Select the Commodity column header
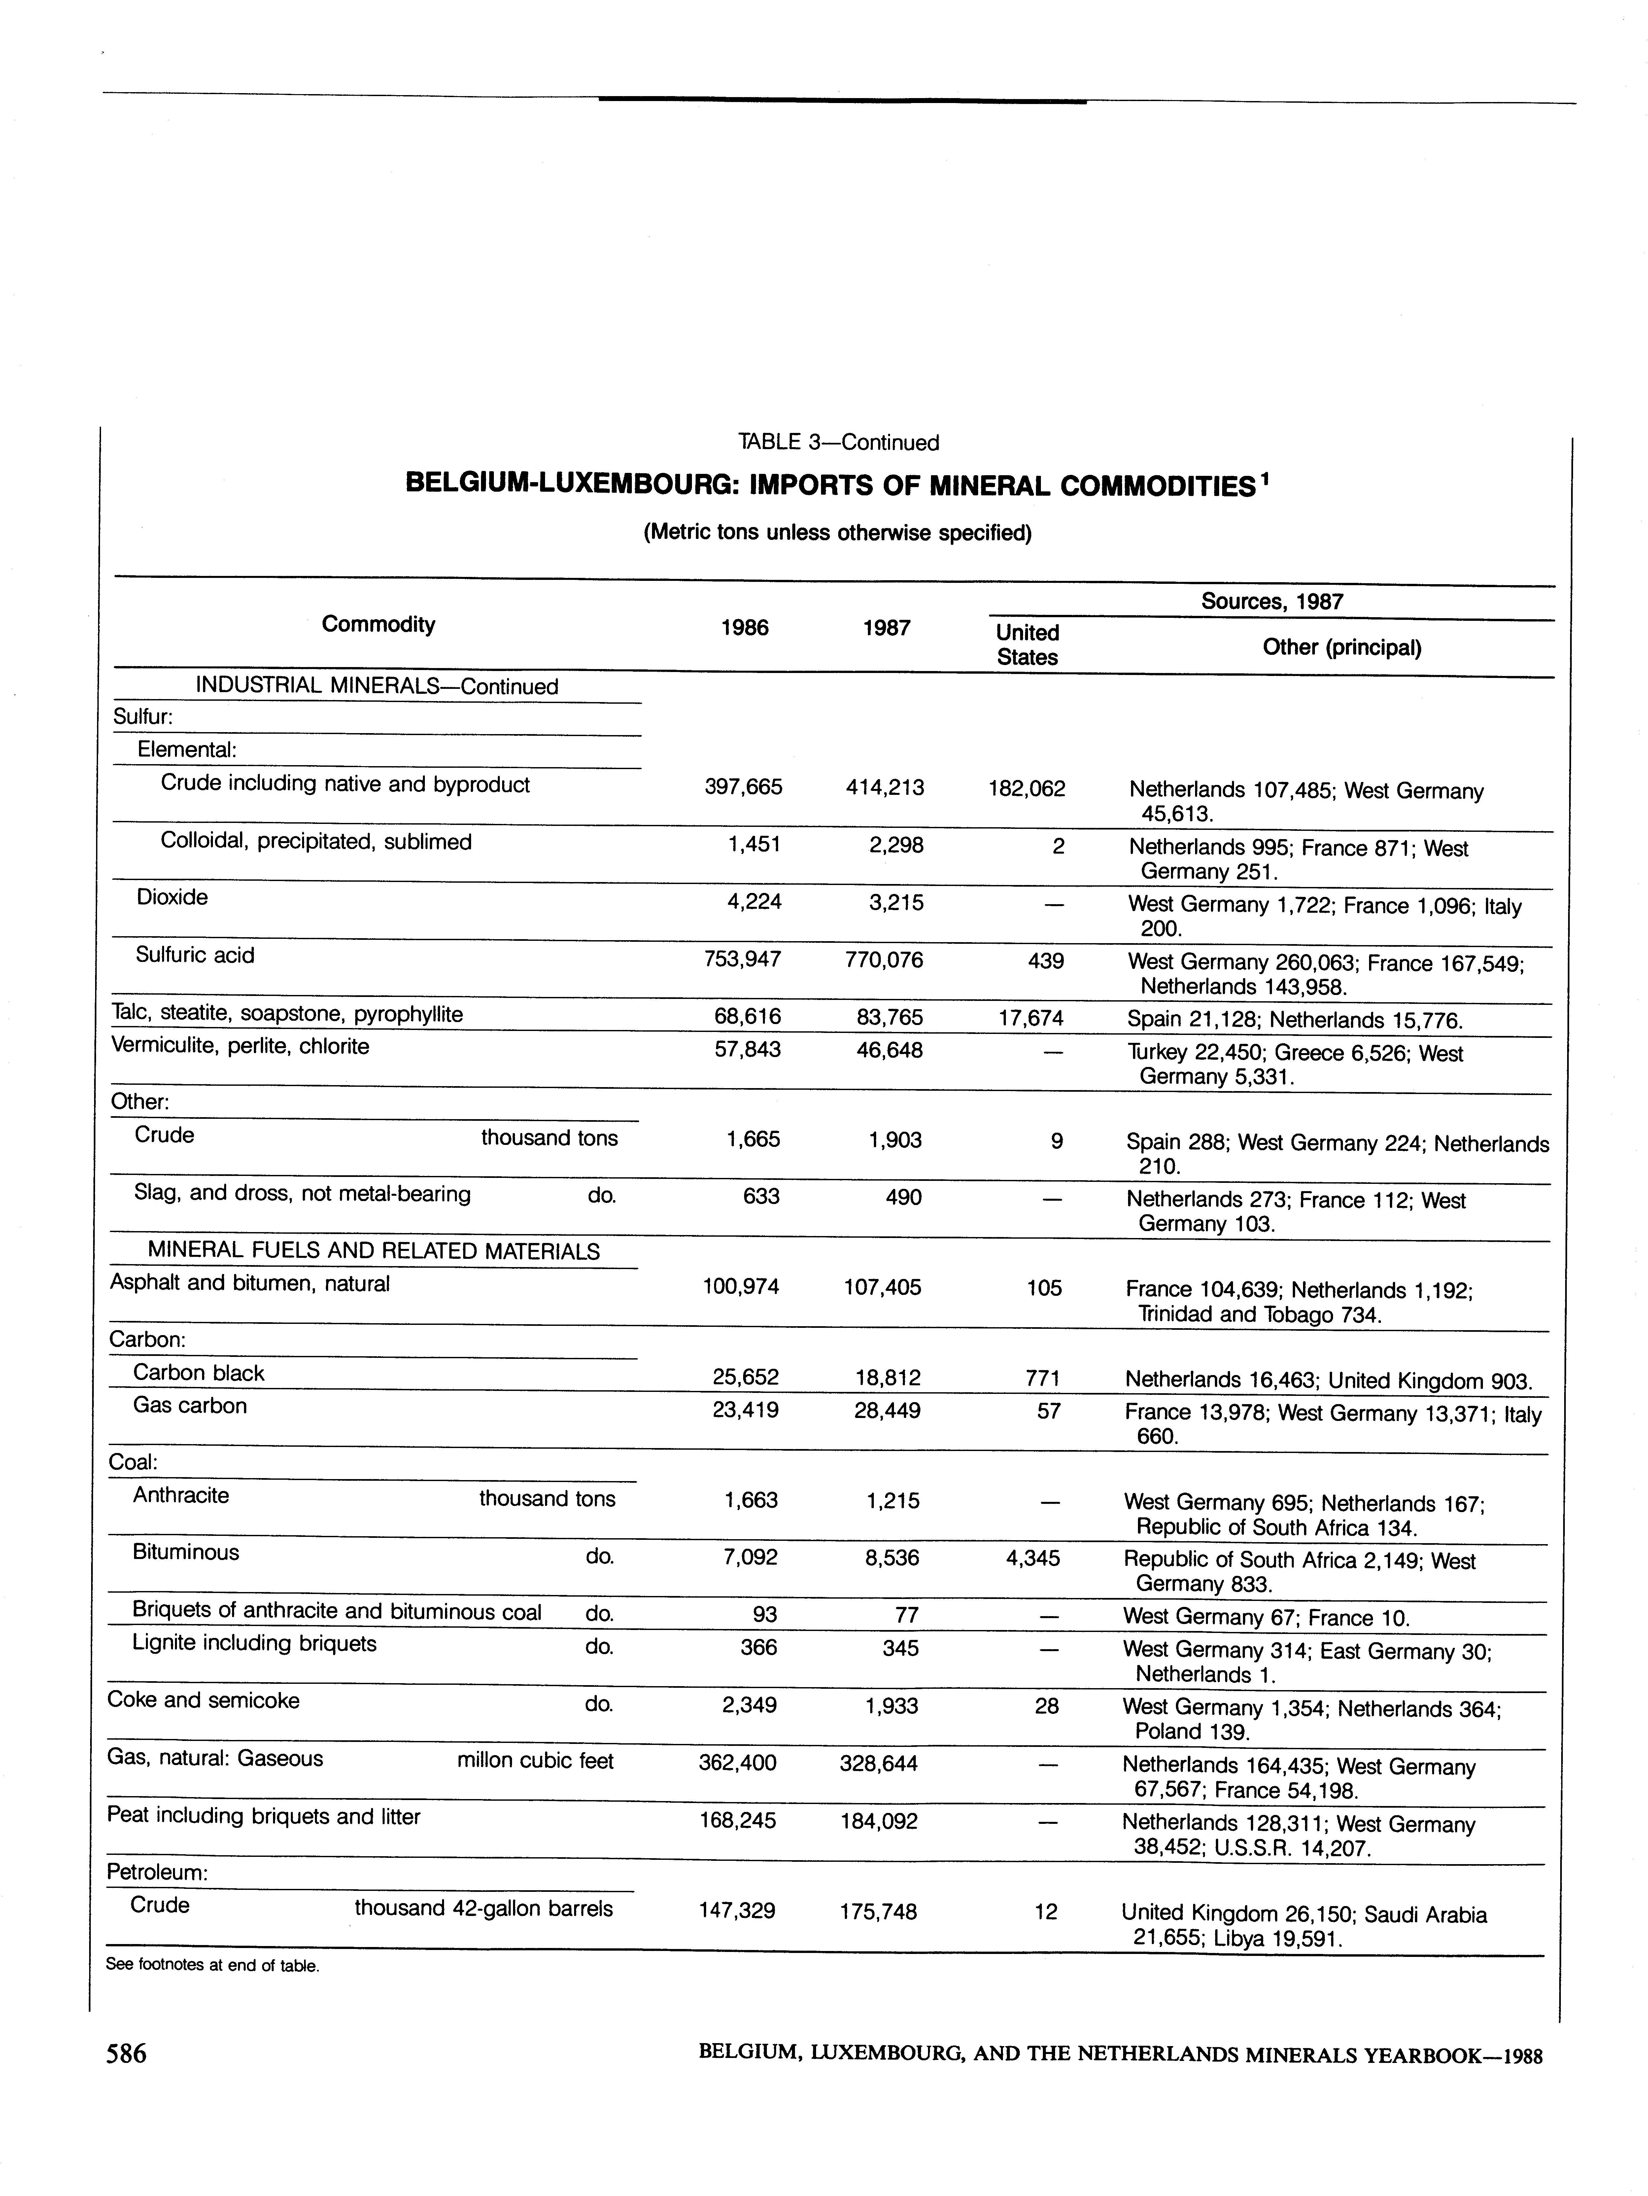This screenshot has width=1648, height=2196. pyautogui.click(x=378, y=624)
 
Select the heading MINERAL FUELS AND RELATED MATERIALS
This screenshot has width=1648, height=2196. pyautogui.click(x=373, y=1252)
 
